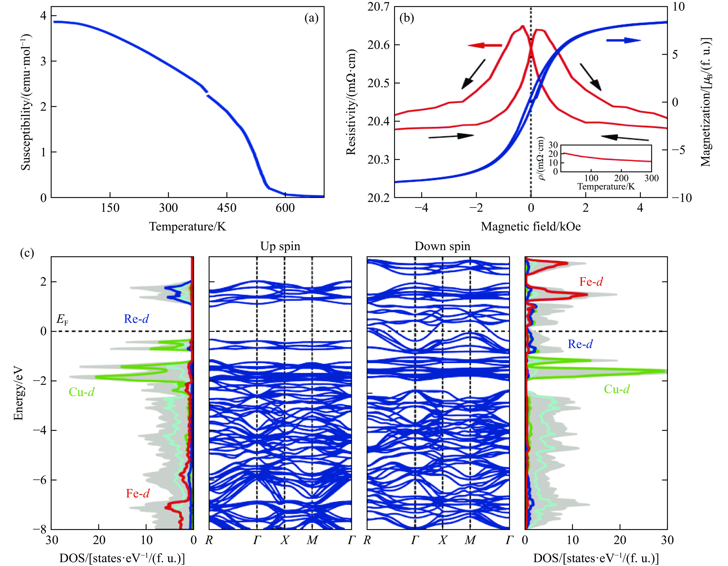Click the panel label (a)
[311, 18]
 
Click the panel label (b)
[407, 18]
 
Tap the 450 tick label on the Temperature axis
[227, 208]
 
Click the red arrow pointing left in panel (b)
[485, 45]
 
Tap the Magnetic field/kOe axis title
[531, 227]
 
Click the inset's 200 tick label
[621, 178]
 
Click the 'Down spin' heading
[442, 246]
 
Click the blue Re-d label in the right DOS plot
[580, 344]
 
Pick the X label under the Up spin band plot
[284, 540]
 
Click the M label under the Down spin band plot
[470, 540]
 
